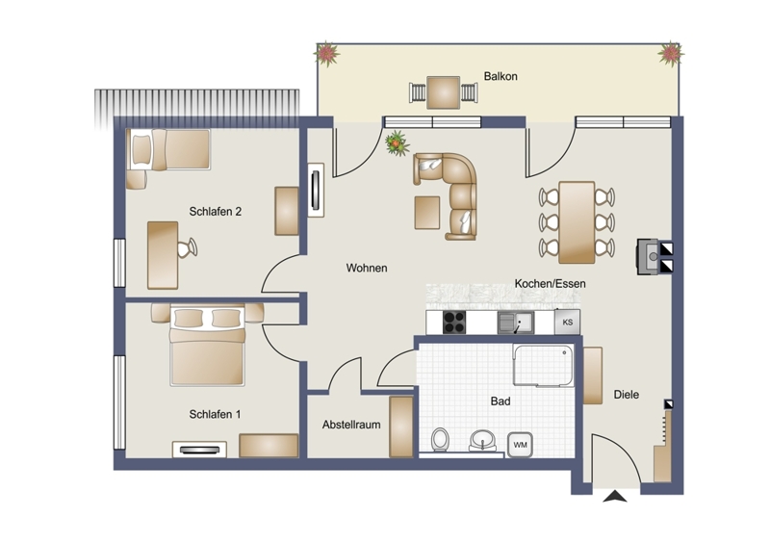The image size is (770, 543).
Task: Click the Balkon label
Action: click(x=500, y=76)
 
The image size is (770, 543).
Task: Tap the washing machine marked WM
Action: click(x=520, y=445)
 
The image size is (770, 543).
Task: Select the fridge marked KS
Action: click(x=567, y=323)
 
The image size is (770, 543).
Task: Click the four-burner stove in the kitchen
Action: click(x=454, y=323)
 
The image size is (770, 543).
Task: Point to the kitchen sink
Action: click(x=516, y=323)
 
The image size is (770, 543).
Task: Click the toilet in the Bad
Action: click(x=440, y=439)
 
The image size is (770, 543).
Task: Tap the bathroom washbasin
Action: click(x=483, y=440)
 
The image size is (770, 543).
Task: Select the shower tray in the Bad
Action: click(x=543, y=365)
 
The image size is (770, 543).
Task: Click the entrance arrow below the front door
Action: click(x=615, y=497)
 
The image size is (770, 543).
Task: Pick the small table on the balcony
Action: click(x=444, y=92)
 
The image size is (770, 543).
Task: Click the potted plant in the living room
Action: click(x=398, y=143)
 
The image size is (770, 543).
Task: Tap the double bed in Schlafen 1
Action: click(x=207, y=345)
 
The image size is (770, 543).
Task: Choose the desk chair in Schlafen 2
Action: click(x=187, y=247)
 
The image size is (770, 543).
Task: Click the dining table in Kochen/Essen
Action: click(x=577, y=222)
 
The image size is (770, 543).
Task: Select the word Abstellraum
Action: click(x=351, y=425)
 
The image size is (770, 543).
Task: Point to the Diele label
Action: click(x=627, y=394)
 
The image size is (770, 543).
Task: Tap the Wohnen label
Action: click(x=367, y=268)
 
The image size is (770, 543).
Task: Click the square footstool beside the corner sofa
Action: click(x=427, y=212)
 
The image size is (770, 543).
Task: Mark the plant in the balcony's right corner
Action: click(x=670, y=54)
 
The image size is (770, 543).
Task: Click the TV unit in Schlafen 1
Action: click(x=199, y=450)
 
